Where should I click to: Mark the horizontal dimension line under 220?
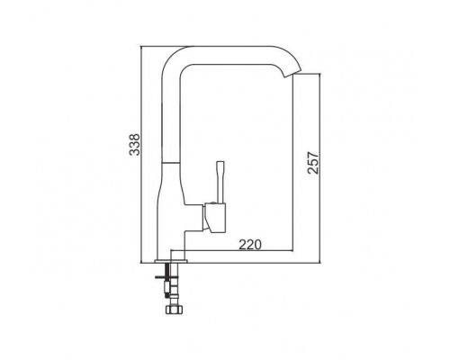coord(244,250)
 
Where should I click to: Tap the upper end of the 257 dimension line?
coord(320,76)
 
